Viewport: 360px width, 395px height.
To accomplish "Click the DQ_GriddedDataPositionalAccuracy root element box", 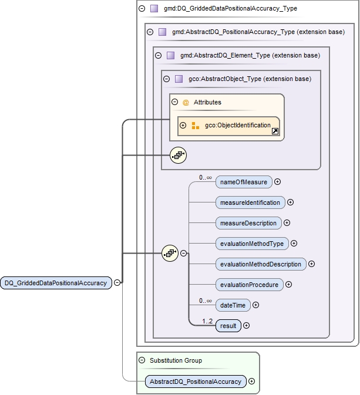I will [56, 283].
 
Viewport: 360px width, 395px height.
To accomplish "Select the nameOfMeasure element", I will [244, 182].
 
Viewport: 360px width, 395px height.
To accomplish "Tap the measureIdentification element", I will [250, 202].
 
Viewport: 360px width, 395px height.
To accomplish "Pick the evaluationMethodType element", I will [252, 244].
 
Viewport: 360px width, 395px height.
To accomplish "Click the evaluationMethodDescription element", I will [261, 264].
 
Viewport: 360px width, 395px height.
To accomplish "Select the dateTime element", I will [233, 305].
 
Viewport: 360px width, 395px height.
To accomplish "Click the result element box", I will [228, 325].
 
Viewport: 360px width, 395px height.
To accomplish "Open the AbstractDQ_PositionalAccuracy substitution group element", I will [196, 382].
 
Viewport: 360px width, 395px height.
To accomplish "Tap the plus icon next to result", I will [247, 325].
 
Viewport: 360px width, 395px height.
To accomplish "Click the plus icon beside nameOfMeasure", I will [278, 182].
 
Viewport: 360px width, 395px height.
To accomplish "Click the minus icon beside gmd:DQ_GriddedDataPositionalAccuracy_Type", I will [142, 9].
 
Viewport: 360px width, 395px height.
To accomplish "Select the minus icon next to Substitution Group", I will [142, 360].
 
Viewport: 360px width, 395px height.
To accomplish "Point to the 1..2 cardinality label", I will [207, 321].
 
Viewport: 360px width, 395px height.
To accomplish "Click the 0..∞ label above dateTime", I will [205, 301].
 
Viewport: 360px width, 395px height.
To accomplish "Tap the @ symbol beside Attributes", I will [186, 102].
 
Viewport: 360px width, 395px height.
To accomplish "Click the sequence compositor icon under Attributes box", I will [178, 155].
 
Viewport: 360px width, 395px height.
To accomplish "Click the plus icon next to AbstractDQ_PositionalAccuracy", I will [252, 382].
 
